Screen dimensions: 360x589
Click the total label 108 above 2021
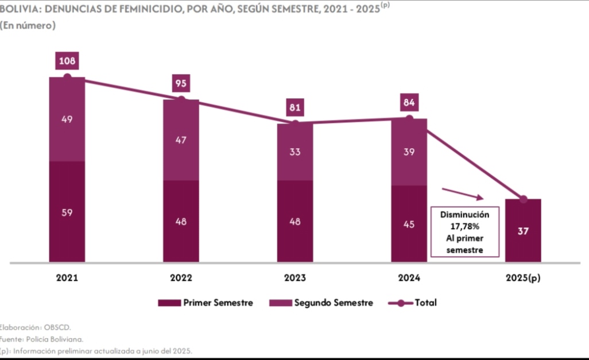[67, 60]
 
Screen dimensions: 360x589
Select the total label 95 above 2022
[181, 84]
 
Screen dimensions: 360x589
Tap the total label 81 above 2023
[295, 107]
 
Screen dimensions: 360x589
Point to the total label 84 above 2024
[409, 103]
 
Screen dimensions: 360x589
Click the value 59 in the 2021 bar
[67, 212]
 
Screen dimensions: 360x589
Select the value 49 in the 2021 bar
[67, 119]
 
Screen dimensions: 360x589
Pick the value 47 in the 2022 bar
[181, 140]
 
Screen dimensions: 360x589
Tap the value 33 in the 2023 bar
[295, 153]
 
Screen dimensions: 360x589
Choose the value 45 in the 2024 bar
[409, 224]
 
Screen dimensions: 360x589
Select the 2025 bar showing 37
[523, 231]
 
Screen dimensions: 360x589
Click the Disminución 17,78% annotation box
[465, 232]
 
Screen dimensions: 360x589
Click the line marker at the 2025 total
[523, 199]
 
